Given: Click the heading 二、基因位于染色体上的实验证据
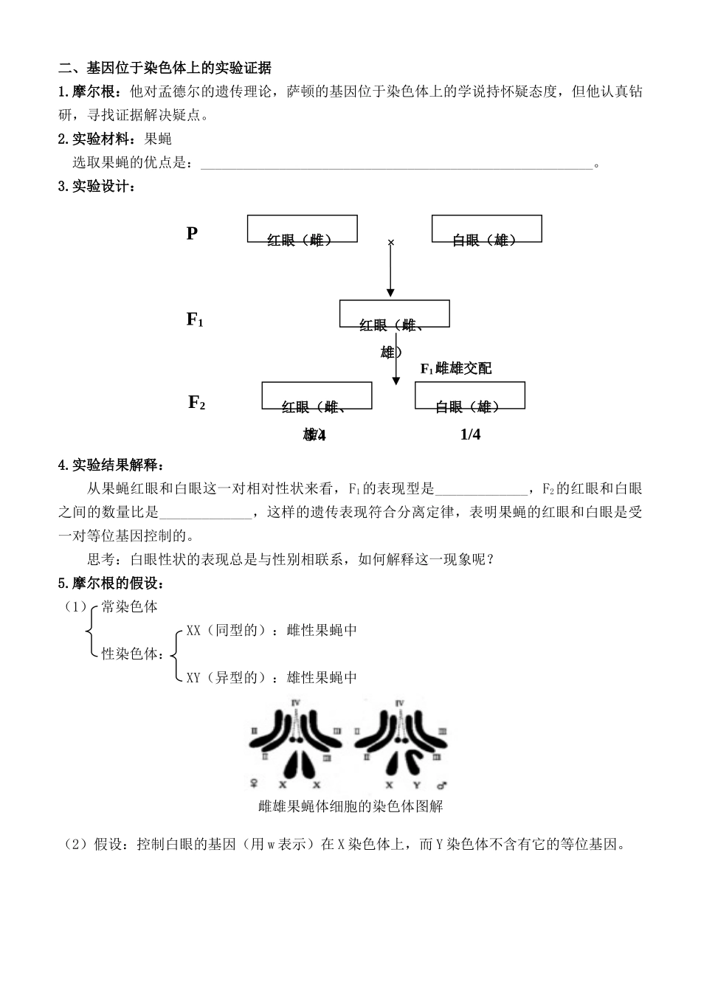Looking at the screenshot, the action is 165,69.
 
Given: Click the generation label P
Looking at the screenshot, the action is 192,234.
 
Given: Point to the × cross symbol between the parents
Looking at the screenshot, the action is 391,242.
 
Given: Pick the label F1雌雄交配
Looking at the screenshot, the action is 456,368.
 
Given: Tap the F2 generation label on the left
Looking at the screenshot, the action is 196,402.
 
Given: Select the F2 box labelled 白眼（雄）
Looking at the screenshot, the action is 469,397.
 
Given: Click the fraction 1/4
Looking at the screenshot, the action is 470,435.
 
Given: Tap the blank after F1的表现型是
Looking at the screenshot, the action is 482,491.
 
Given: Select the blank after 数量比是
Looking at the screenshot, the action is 205,514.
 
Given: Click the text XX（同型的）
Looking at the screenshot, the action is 225,630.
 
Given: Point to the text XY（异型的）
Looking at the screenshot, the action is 225,677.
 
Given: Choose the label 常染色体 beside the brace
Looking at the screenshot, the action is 130,606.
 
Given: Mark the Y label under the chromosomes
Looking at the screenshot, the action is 416,785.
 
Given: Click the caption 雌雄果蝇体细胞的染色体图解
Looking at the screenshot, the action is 350,806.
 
